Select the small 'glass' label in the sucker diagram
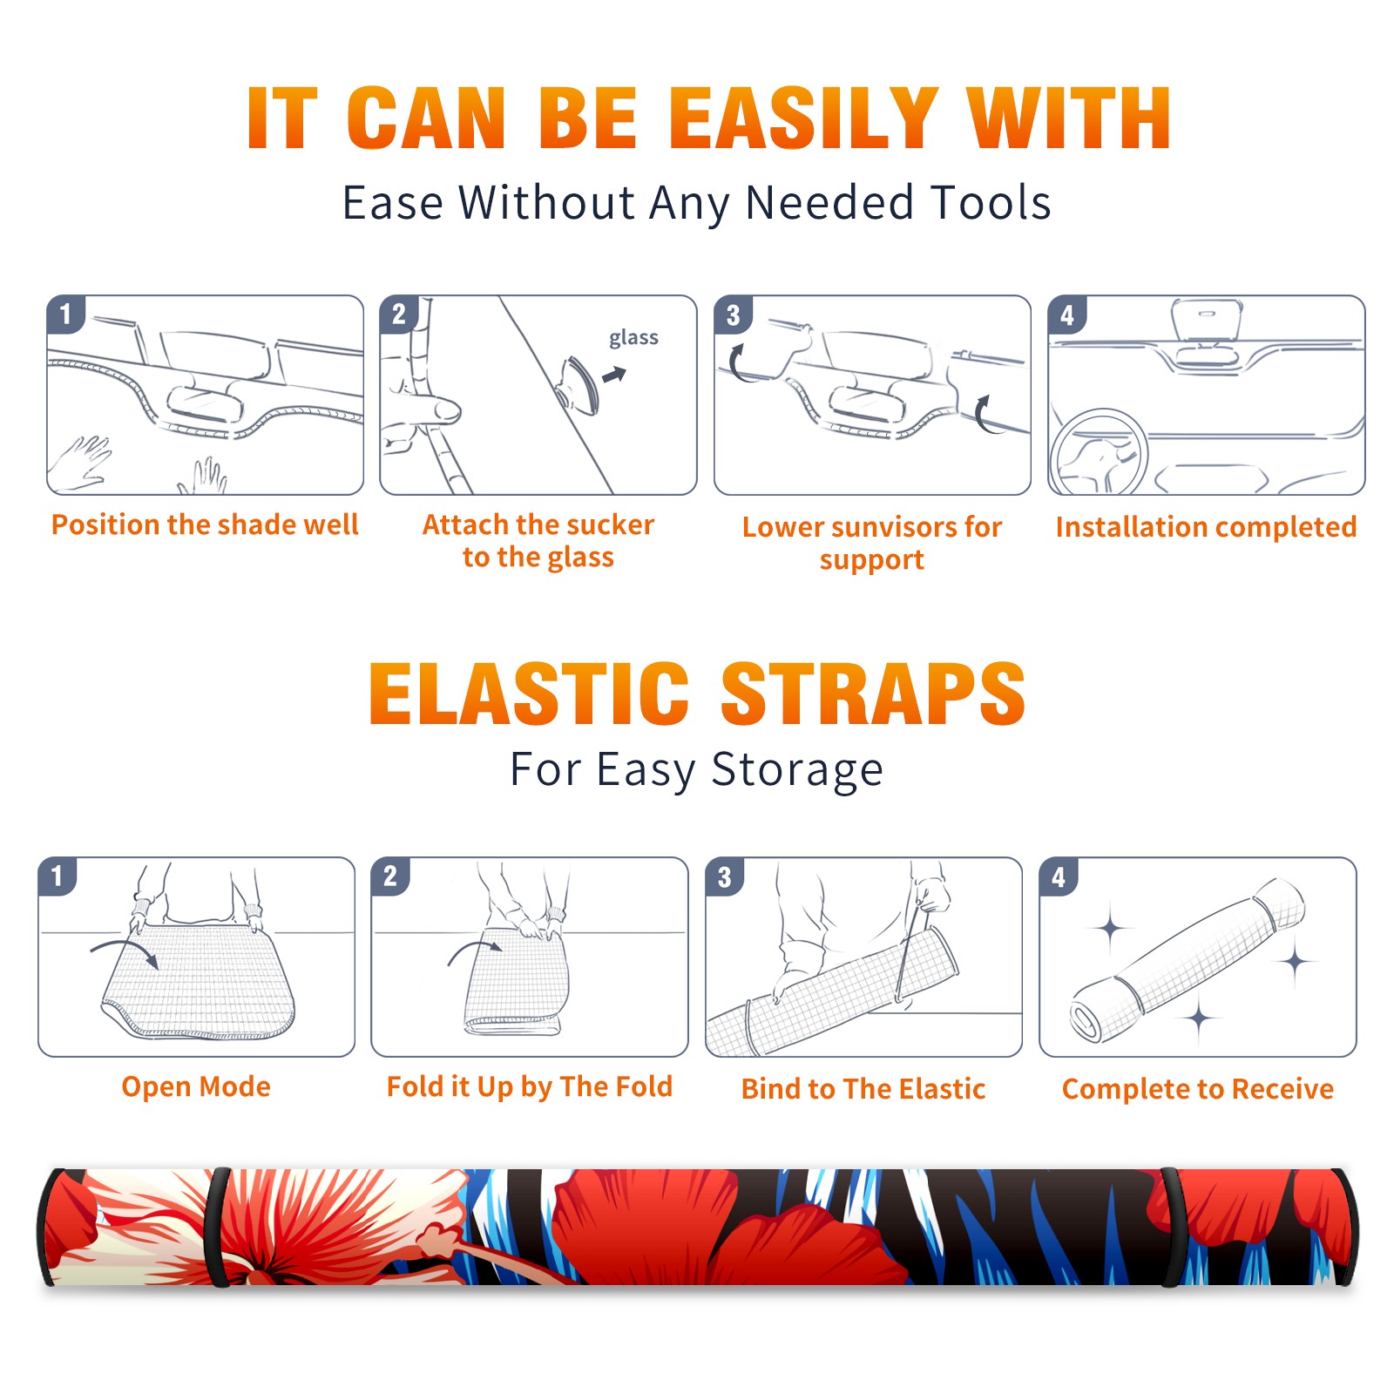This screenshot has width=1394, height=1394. point(633,338)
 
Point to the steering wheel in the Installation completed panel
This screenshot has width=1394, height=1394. point(1098,452)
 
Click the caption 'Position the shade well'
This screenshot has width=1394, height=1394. point(205,524)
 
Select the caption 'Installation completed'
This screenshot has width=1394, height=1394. point(1206,526)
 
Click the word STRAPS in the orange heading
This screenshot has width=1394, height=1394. point(873,694)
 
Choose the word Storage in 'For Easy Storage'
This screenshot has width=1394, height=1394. point(797,770)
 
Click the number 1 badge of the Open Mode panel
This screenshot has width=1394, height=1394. point(58,876)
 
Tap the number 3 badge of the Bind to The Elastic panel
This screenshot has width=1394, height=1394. point(725,876)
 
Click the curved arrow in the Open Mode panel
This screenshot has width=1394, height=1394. point(125,951)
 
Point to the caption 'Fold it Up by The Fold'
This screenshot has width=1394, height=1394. point(530,1086)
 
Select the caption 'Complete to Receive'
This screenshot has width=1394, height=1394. point(1198,1089)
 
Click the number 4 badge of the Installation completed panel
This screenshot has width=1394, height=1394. point(1067,315)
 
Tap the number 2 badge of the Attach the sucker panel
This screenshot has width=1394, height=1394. point(399,315)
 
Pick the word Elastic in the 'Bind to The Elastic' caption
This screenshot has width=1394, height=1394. point(942,1089)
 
